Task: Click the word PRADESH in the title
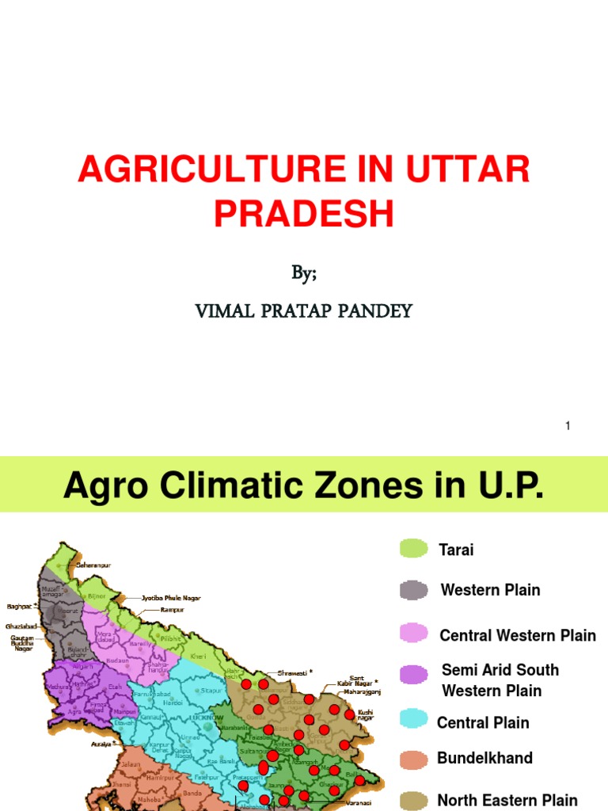point(304,214)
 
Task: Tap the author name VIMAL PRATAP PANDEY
point(304,310)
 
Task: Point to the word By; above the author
point(304,273)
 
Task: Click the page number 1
point(568,426)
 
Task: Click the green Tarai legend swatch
point(413,549)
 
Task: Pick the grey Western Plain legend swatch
point(413,590)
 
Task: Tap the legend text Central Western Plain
point(518,635)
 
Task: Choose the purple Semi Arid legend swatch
point(413,675)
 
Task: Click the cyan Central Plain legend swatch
point(413,719)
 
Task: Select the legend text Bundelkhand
point(484,758)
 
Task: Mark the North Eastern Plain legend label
point(507,801)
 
